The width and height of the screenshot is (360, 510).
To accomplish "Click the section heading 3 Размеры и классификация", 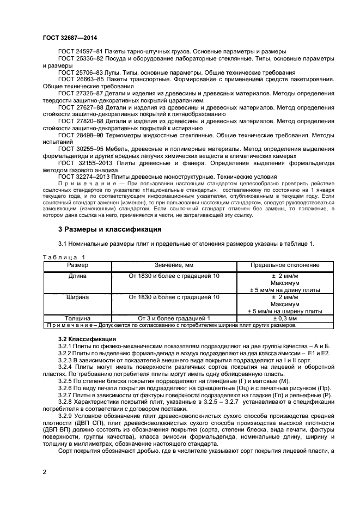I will tap(109, 230).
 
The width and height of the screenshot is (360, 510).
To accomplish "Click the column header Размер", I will tap(77, 265).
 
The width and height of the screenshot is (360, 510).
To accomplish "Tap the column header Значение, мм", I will tap(174, 265).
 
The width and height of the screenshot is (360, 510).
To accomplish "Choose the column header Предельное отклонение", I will tap(285, 265).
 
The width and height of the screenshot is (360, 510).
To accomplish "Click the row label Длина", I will tap(77, 276).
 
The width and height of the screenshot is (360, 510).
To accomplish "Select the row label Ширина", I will tap(77, 297).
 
